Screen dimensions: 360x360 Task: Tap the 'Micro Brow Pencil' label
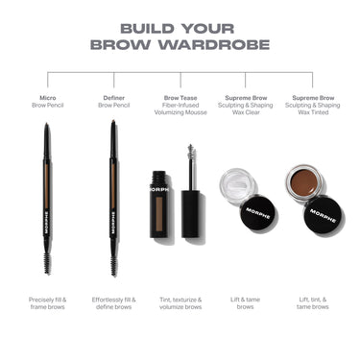point(47,101)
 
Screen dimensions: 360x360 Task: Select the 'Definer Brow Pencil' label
point(113,101)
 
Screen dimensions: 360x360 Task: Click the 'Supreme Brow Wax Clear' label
point(246,105)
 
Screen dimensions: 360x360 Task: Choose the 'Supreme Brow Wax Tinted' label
point(312,105)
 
